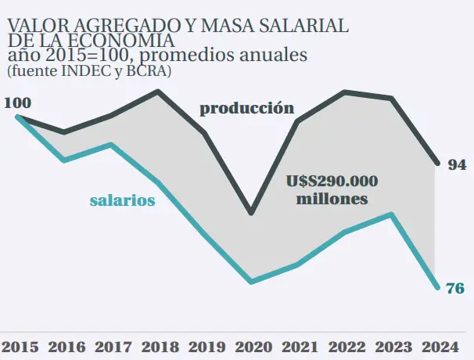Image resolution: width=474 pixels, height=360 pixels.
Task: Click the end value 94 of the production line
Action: [x=457, y=165]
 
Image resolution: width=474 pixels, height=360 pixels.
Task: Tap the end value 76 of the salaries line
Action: [x=455, y=288]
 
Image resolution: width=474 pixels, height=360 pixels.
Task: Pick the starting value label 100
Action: [x=17, y=103]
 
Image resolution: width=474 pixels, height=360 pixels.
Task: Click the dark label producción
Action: [x=246, y=108]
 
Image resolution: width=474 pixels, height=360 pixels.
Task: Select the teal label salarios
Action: [x=122, y=200]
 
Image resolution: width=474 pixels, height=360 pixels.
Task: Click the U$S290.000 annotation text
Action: [x=332, y=182]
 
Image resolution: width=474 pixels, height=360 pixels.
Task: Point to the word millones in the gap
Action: [x=332, y=199]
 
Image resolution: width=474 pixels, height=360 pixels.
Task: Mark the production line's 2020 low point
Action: [x=251, y=213]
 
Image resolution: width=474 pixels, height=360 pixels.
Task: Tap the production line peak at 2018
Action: [x=159, y=92]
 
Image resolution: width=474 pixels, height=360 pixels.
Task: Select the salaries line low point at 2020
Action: [x=251, y=281]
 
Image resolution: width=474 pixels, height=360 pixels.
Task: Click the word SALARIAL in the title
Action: [x=298, y=27]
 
